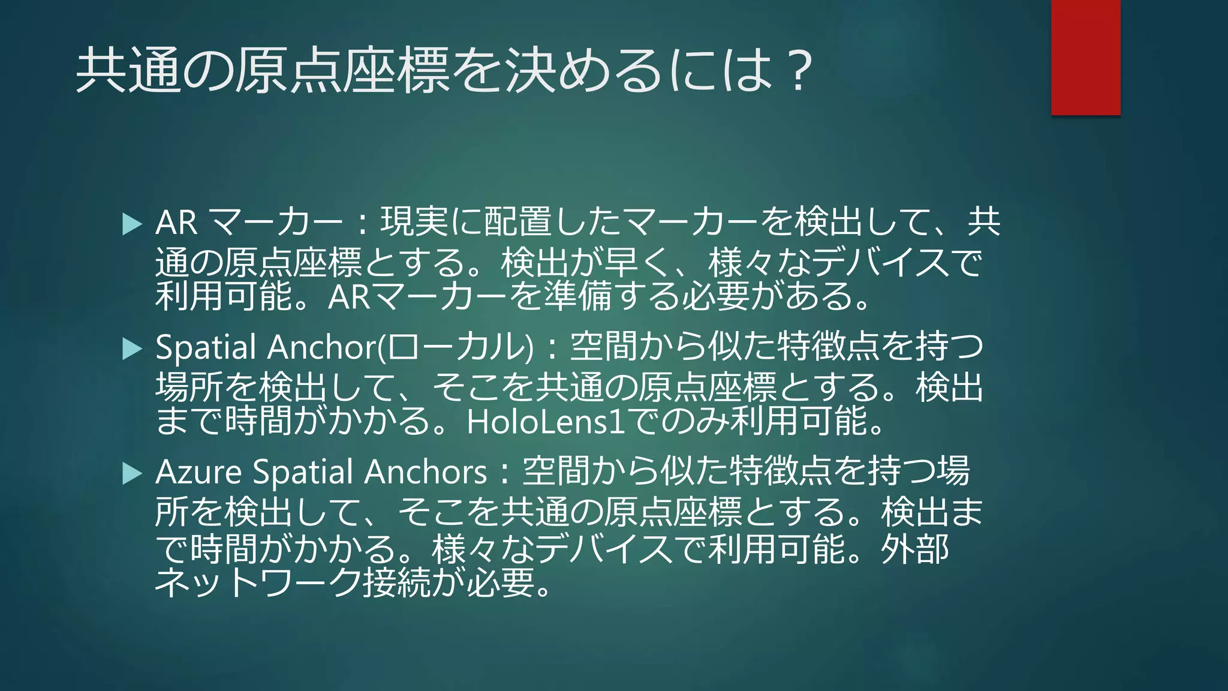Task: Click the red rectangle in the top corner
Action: pyautogui.click(x=1085, y=57)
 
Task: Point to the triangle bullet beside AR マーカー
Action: pyautogui.click(x=132, y=224)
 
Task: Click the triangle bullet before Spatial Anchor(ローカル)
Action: pyautogui.click(x=132, y=348)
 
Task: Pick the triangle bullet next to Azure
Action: pyautogui.click(x=132, y=473)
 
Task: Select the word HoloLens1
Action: pyautogui.click(x=545, y=422)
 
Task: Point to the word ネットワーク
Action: pyautogui.click(x=258, y=582)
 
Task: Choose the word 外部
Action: pyautogui.click(x=915, y=549)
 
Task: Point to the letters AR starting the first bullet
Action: pyautogui.click(x=176, y=223)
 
